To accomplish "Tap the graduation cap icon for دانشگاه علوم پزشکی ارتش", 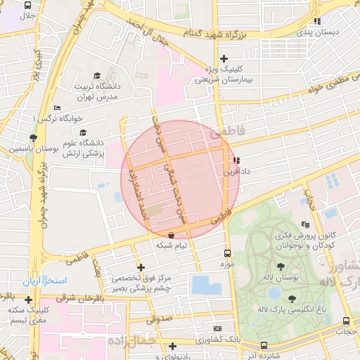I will click(x=84, y=132).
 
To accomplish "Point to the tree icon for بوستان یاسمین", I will click(x=33, y=138).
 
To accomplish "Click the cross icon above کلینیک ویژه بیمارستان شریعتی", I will click(x=224, y=58).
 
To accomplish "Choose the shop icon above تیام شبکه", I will click(x=172, y=234).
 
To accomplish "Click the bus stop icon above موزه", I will click(x=226, y=253).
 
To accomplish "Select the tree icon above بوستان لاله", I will click(x=281, y=266).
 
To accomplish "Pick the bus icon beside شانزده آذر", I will click(x=264, y=345).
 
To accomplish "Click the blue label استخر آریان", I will click(x=44, y=281).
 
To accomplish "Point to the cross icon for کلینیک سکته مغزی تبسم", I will click(x=27, y=300).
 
